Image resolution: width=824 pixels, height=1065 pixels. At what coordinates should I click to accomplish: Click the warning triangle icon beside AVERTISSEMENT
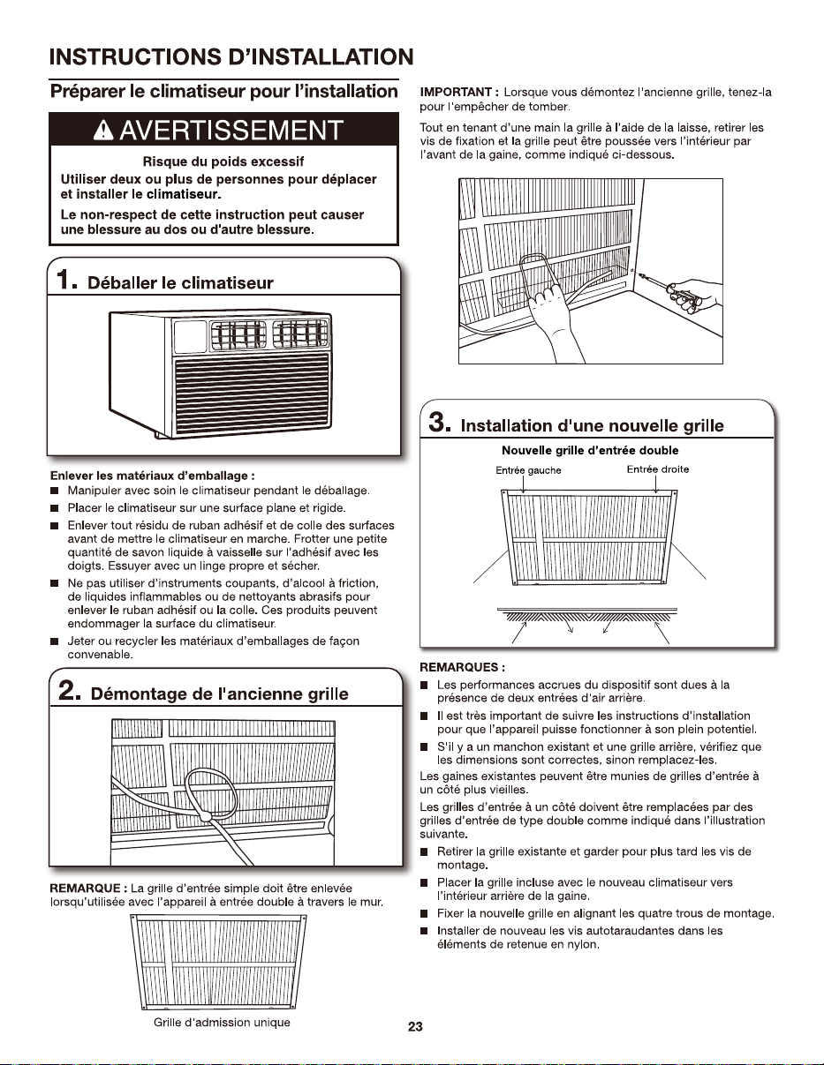coord(103,131)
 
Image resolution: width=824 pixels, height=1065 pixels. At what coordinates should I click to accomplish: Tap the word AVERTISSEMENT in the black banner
coord(231,131)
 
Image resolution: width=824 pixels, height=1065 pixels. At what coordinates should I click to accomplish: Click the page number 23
coord(415,1027)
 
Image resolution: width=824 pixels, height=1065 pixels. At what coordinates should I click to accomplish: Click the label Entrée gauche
coord(528,470)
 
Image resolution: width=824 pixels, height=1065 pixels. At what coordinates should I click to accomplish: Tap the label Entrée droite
coord(658,469)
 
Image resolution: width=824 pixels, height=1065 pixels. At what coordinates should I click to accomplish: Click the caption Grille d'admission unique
coord(222,1023)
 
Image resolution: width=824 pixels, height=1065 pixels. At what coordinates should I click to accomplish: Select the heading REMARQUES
coord(459,667)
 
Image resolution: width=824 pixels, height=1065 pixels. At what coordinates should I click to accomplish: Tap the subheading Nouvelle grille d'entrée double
coord(590,450)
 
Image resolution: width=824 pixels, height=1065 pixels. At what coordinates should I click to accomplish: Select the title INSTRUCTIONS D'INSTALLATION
coord(231,56)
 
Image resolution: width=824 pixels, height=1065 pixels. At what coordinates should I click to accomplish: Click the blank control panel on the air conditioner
coord(190,336)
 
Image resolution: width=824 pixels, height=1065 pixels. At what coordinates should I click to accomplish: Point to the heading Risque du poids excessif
coord(223,161)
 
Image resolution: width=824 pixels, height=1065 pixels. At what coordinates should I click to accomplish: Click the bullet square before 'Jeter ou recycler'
coord(55,641)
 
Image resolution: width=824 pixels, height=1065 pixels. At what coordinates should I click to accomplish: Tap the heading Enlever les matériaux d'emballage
coord(153,476)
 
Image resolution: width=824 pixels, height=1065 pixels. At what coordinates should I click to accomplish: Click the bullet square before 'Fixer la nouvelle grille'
coord(425,914)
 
